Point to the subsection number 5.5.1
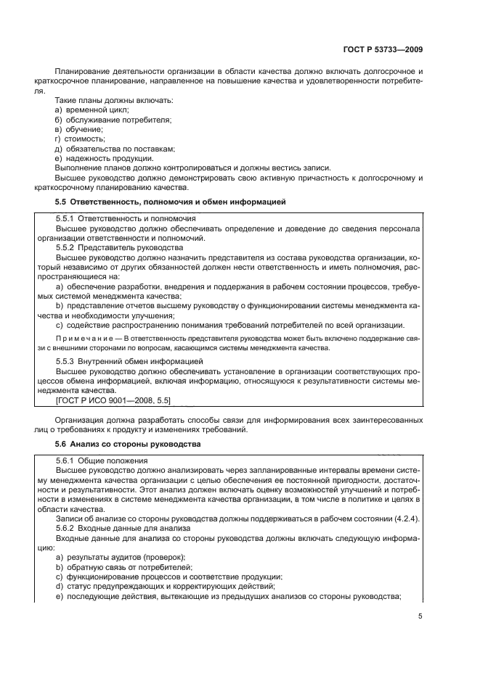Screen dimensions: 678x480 tap(66, 218)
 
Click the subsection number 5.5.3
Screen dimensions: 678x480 tap(66, 360)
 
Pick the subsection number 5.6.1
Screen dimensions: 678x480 tap(66, 460)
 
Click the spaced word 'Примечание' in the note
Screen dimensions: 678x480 tap(84, 337)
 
